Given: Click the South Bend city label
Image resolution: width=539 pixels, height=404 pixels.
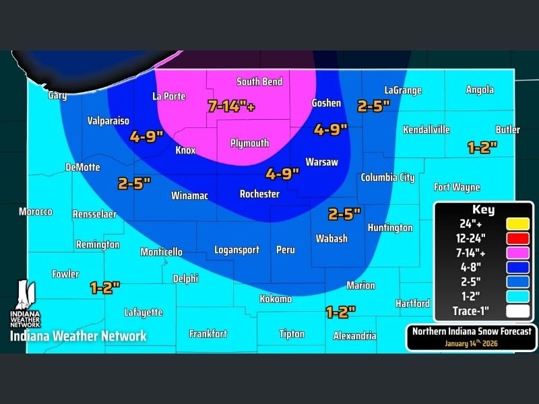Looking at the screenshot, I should pos(259,81).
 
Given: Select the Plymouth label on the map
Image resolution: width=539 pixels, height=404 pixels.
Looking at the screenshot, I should pos(249,143).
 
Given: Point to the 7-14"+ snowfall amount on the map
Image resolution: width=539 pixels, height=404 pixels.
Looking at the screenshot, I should pos(231,106).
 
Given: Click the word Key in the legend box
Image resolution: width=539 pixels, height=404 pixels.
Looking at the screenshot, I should pos(483,209).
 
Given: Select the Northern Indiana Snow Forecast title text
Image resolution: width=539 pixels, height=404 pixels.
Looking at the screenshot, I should pos(472,331).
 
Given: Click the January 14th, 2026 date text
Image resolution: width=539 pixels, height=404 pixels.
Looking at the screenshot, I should pos(471,343).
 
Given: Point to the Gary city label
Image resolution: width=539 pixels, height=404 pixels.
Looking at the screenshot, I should pos(57,95).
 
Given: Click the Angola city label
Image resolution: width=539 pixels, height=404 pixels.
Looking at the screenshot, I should pos(479,90).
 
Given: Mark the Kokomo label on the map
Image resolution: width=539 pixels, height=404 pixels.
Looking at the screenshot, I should pos(276,299).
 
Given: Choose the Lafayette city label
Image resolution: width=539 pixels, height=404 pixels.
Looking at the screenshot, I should pos(143,312).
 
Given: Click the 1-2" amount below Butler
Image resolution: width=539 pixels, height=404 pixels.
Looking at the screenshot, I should pos(482,146).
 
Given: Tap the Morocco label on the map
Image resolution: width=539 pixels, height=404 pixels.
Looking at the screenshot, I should pos(35,211).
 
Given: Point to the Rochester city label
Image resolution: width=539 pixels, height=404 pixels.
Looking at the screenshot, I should pos(259,194).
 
